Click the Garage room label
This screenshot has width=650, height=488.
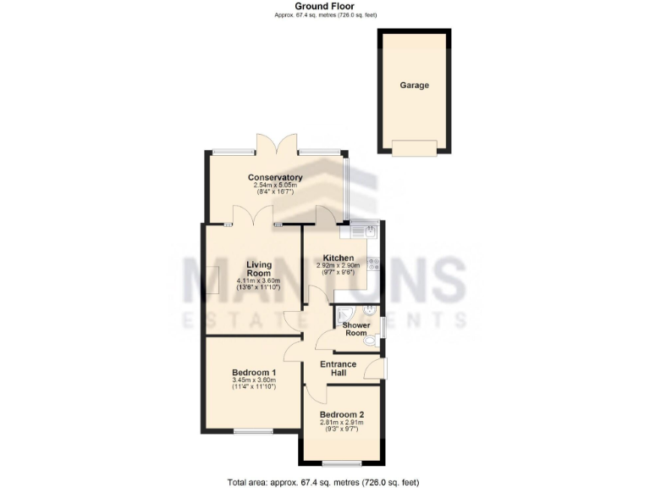point(415,86)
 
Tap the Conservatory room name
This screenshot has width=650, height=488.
point(275,177)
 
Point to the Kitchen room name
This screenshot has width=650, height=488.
point(339,258)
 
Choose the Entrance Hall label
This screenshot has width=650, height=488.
point(338,369)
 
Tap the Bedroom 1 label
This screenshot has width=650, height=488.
point(254,372)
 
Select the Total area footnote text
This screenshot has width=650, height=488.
point(323,481)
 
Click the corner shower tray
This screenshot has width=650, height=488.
point(346,317)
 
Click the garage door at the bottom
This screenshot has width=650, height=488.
point(415,148)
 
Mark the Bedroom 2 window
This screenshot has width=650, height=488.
point(341,463)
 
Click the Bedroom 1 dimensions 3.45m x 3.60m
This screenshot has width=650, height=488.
point(254,380)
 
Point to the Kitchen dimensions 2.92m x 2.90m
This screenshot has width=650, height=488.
point(339,266)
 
